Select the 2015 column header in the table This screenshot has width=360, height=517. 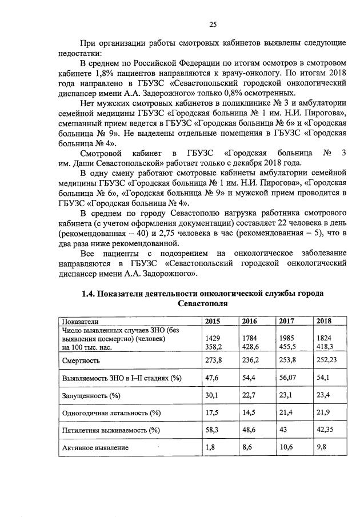point(213,321)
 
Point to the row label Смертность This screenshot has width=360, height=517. point(81,360)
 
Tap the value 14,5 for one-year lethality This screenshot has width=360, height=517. point(249,412)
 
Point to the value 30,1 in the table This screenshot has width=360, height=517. point(213,395)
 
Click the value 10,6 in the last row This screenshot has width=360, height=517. point(286,447)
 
